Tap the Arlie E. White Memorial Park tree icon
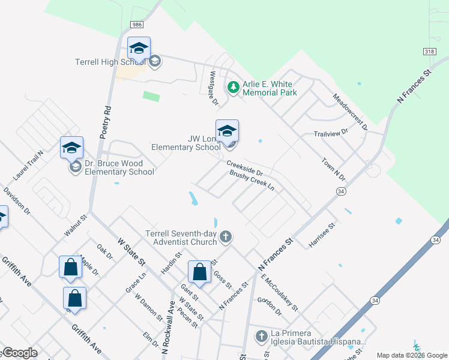point(234,88)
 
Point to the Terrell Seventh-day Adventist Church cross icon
point(226,237)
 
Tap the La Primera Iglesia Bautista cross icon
point(261,337)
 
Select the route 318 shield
point(429,52)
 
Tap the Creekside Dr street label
point(245,168)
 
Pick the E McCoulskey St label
point(280,292)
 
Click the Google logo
point(19,353)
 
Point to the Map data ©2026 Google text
point(411,355)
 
